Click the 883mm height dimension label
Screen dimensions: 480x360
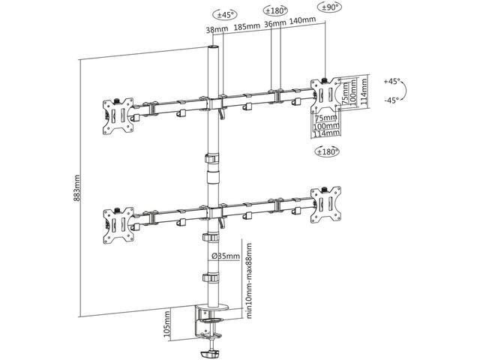(x=76, y=188)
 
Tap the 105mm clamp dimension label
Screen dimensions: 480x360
(x=166, y=324)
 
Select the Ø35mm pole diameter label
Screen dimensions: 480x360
(x=226, y=256)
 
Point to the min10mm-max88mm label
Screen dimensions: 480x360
(x=249, y=280)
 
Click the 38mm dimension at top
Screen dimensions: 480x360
(x=217, y=29)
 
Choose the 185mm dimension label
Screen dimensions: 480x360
(x=247, y=26)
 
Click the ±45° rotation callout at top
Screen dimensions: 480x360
(x=225, y=15)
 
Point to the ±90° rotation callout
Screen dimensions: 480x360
(x=329, y=7)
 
